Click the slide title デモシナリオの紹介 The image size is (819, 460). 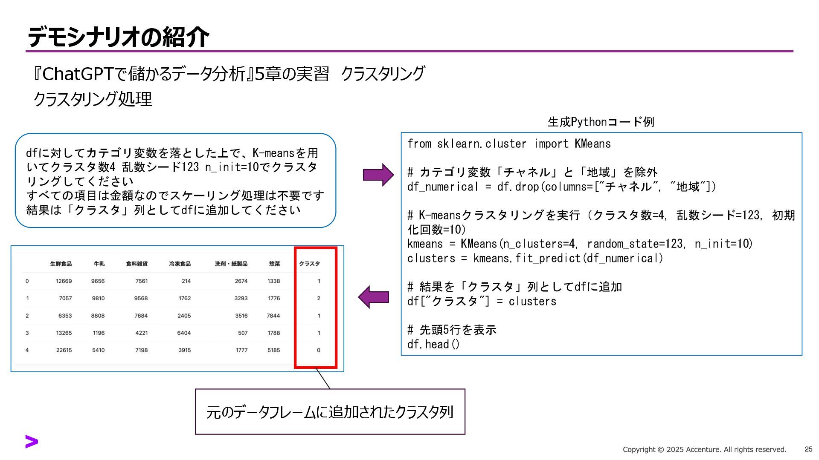(x=118, y=37)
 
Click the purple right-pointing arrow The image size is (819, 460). (x=378, y=175)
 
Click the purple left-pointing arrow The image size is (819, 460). (x=374, y=297)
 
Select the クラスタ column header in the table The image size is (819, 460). (x=309, y=264)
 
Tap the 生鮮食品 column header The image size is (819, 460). (x=61, y=264)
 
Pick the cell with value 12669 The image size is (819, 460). (x=64, y=281)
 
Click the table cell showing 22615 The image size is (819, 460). (x=64, y=350)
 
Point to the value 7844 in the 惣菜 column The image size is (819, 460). (x=273, y=316)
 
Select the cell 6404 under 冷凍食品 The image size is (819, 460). (x=184, y=333)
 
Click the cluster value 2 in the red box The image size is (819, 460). (x=319, y=299)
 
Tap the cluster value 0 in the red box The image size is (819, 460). (x=319, y=350)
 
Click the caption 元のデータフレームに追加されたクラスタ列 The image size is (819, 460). (x=330, y=412)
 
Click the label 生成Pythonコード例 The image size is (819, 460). (x=601, y=122)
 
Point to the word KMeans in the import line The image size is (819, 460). (x=592, y=144)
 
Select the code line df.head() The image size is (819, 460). (x=433, y=344)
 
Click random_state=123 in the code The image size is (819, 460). (x=635, y=244)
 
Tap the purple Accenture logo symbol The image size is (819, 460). (x=32, y=442)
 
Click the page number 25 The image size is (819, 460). (x=808, y=449)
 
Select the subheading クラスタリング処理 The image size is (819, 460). (x=93, y=99)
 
